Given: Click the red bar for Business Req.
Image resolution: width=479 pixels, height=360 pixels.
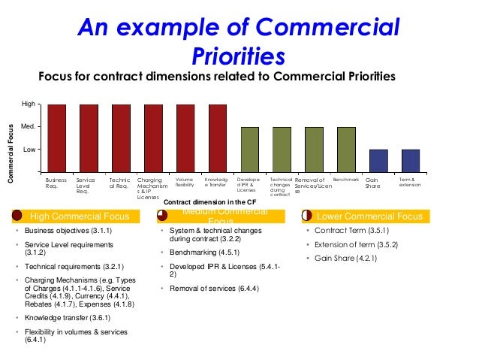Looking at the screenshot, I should point(57,138).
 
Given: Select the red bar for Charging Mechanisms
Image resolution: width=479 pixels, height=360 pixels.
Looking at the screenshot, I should point(153,138).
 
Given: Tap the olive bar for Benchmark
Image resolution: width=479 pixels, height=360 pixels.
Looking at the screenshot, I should point(346,150).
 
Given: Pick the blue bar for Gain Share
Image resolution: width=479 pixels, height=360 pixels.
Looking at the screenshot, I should point(378,161).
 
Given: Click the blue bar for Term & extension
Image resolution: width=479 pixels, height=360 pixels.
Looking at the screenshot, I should point(411,161).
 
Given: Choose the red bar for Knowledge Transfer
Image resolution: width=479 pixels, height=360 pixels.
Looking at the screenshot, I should point(218,138).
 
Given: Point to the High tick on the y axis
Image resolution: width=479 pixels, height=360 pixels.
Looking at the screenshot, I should point(28,104).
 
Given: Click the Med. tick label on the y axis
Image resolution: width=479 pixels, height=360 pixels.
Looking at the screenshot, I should point(28,127).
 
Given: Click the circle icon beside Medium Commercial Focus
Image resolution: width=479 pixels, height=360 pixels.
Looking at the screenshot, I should point(163,216).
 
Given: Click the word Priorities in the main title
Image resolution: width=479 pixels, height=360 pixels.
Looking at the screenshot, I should point(239,56).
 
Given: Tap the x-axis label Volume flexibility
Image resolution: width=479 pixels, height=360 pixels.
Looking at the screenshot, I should point(185,183).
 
